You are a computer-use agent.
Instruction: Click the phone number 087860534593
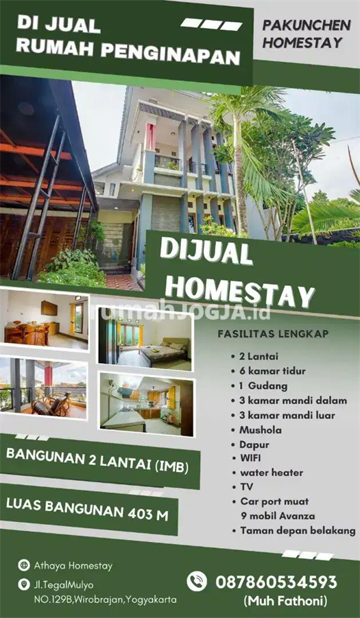(276, 582)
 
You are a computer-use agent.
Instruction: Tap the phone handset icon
(197, 582)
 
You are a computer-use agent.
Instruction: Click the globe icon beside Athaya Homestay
(25, 566)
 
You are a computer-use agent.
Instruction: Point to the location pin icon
(25, 585)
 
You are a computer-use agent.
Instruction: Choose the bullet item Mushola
(261, 429)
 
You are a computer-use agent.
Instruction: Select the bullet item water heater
(272, 472)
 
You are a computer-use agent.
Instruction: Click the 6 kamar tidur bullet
(273, 371)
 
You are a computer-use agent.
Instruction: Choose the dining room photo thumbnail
(45, 320)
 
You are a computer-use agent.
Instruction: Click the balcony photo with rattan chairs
(44, 388)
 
